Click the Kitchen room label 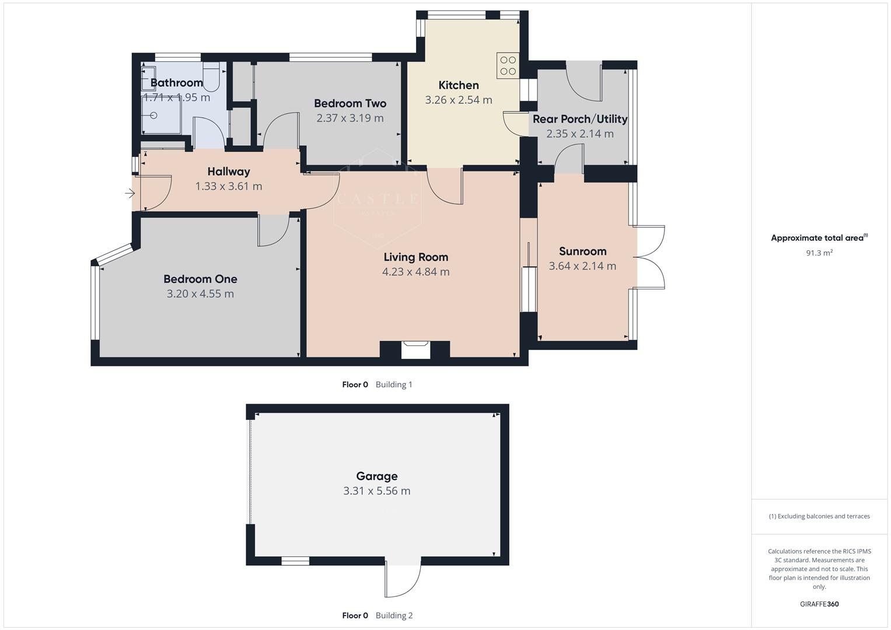tap(459, 85)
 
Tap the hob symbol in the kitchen tap(508, 65)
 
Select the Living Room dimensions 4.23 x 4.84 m tap(415, 272)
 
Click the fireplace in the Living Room tap(415, 350)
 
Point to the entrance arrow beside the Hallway tap(130, 193)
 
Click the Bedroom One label tap(200, 279)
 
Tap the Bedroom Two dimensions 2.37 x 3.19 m tap(350, 118)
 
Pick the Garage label tap(377, 476)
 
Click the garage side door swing tap(403, 580)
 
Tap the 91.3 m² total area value tap(819, 253)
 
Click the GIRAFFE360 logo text tap(819, 604)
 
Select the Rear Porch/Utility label tap(580, 119)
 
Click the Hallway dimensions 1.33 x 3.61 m tap(229, 187)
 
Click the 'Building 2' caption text tap(394, 615)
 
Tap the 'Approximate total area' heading tap(818, 238)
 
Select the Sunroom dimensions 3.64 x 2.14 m tap(582, 266)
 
